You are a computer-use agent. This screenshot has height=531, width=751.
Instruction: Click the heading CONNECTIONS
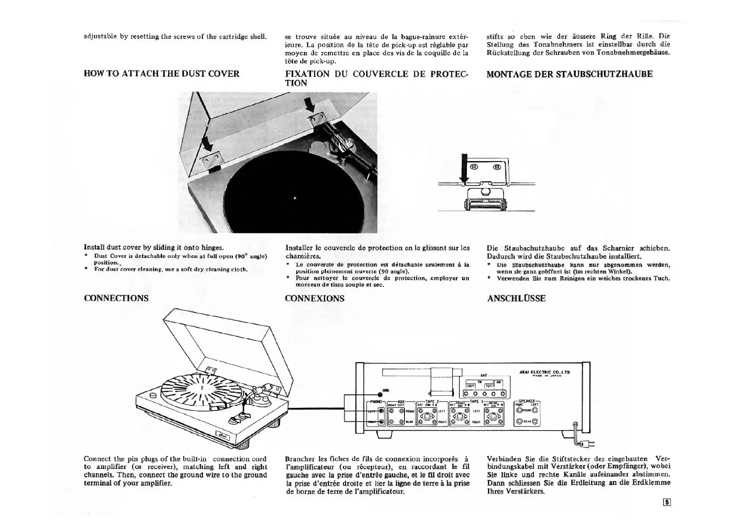pyautogui.click(x=116, y=298)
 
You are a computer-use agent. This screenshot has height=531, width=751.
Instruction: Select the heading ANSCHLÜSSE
pyautogui.click(x=516, y=298)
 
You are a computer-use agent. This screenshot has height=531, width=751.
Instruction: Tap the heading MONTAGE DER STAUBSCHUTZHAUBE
pyautogui.click(x=569, y=74)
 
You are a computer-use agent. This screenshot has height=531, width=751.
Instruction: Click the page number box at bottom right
pyautogui.click(x=667, y=502)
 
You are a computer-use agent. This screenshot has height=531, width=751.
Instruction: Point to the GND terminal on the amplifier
pyautogui.click(x=380, y=394)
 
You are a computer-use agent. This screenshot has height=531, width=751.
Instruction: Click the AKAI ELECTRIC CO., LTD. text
pyautogui.click(x=545, y=372)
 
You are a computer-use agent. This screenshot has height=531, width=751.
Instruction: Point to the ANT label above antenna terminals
pyautogui.click(x=483, y=375)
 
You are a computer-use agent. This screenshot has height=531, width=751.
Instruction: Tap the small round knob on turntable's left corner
pyautogui.click(x=153, y=395)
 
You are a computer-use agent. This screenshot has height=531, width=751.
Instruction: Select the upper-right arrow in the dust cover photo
pyautogui.click(x=309, y=105)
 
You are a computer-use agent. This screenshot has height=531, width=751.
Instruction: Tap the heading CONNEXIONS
pyautogui.click(x=314, y=298)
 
